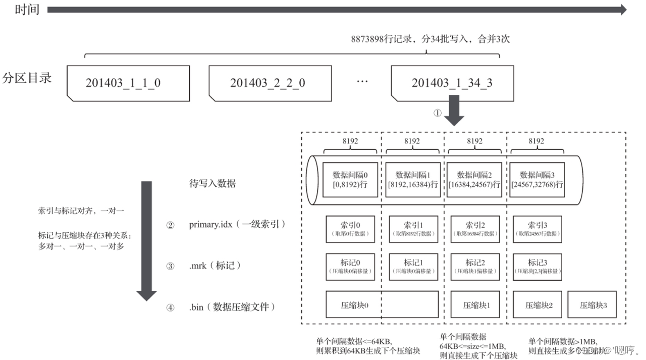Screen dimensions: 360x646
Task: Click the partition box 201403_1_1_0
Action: coord(128,82)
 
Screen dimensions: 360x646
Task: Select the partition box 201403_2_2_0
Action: coord(270,82)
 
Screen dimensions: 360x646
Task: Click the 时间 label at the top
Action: coord(27,10)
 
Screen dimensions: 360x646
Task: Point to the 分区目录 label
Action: coord(27,78)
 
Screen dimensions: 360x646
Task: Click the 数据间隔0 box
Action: coord(350,180)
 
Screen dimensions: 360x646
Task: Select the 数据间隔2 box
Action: coord(474,180)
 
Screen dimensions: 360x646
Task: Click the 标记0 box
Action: coord(350,267)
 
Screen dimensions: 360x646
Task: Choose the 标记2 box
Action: coord(474,267)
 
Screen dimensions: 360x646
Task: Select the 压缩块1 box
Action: coord(474,304)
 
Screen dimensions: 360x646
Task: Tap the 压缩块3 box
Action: coord(592,304)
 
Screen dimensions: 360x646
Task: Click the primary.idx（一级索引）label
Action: coord(237,225)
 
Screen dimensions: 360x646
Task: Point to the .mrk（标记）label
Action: coord(215,266)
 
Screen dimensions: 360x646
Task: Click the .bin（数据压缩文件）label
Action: coord(233,306)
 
